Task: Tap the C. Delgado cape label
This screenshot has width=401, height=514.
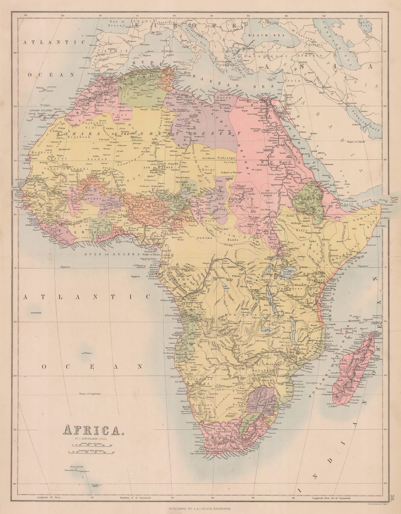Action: tap(331, 324)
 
